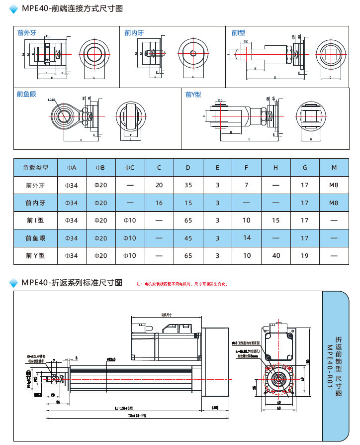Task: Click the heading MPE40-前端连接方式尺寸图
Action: (x=72, y=8)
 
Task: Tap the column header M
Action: (x=334, y=167)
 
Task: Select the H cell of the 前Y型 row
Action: (x=275, y=256)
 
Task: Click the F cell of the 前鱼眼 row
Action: (x=247, y=238)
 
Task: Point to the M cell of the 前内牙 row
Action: (x=334, y=203)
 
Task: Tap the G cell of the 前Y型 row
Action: (x=305, y=256)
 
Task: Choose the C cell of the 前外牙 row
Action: (x=159, y=185)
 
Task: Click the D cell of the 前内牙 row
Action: (x=188, y=203)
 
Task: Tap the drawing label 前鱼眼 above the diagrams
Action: (x=26, y=94)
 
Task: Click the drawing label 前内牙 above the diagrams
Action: (x=134, y=33)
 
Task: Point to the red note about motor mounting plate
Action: (x=182, y=284)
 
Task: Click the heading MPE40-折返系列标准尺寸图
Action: (x=72, y=283)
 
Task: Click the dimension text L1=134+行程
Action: (x=124, y=408)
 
